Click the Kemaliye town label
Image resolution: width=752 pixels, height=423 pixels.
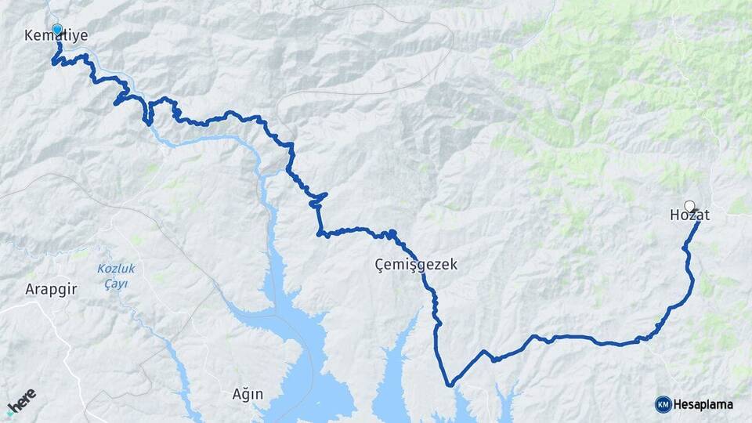[56, 36]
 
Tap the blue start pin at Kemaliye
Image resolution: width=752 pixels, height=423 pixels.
[57, 30]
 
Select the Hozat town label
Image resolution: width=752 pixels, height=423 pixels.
[689, 215]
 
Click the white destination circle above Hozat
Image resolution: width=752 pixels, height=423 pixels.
[689, 206]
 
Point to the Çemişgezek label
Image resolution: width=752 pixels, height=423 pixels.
[415, 266]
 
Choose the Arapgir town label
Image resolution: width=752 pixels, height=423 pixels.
[51, 289]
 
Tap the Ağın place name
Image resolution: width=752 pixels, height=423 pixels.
[248, 393]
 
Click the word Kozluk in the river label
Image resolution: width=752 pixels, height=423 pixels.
[116, 269]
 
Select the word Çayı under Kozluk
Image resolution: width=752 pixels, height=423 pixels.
[117, 284]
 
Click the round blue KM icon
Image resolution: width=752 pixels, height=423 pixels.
[663, 404]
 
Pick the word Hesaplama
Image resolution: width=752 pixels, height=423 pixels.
[703, 404]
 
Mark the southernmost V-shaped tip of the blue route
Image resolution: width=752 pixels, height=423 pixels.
[450, 385]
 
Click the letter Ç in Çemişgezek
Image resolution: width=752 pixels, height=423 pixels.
[380, 266]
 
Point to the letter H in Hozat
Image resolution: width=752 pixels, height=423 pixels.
[675, 215]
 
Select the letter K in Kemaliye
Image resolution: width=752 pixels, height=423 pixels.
[29, 36]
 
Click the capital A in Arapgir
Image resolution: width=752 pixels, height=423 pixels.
[29, 289]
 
